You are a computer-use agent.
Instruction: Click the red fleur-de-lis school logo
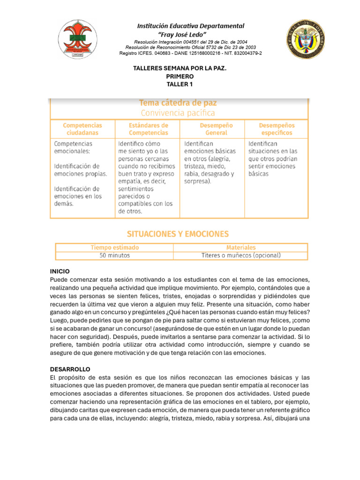(x=76, y=39)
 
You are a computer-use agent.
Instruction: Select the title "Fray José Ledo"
(x=190, y=34)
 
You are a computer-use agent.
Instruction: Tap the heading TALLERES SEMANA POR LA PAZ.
(x=180, y=68)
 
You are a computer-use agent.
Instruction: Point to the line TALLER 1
(x=180, y=84)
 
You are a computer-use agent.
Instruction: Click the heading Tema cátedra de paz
(x=178, y=103)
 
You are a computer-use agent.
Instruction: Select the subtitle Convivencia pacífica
(x=178, y=113)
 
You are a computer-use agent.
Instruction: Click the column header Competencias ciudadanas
(x=82, y=129)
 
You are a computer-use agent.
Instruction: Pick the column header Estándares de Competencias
(x=148, y=129)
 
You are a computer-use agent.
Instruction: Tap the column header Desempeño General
(x=216, y=129)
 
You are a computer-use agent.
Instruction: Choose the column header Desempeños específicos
(x=277, y=129)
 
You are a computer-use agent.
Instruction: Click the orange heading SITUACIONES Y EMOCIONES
(x=178, y=233)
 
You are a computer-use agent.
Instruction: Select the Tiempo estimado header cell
(x=114, y=247)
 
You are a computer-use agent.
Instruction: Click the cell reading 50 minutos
(x=114, y=255)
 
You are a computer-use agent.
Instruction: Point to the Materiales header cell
(x=241, y=247)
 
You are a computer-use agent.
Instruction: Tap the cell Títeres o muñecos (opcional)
(x=241, y=255)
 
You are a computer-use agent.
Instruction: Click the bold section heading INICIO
(x=60, y=271)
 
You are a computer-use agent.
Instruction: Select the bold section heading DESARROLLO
(x=70, y=369)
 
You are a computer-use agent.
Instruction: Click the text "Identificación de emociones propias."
(x=81, y=170)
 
